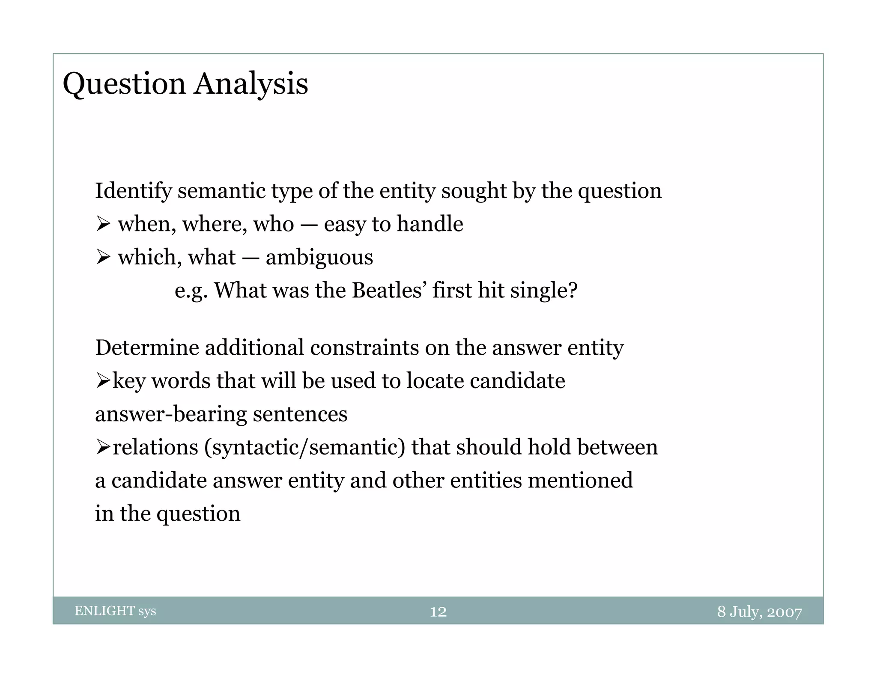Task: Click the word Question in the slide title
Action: [124, 84]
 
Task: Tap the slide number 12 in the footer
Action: [438, 612]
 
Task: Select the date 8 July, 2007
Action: [759, 612]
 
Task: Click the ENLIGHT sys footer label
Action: [115, 611]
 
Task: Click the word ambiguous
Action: [319, 258]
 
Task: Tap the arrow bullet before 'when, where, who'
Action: [103, 224]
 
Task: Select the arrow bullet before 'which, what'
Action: [103, 257]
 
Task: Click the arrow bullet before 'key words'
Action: [103, 380]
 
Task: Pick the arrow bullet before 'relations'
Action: [103, 447]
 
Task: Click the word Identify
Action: [133, 191]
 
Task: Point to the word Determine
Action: [147, 347]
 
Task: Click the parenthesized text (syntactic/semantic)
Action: [304, 447]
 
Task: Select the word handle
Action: [430, 224]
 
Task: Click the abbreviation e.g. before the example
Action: [191, 291]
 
